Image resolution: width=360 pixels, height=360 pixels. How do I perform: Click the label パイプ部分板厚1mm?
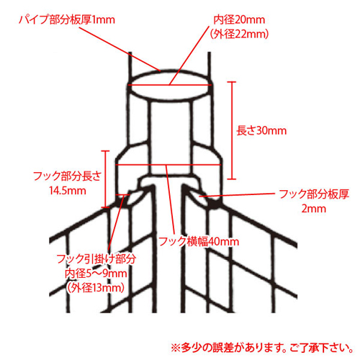coord(67,19)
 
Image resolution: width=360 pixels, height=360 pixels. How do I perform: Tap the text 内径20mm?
coord(239,19)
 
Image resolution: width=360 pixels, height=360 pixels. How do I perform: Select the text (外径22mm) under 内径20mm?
coord(239,34)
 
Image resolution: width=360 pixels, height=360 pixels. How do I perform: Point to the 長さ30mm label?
coord(261,131)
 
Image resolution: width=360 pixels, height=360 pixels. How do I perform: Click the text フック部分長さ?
coord(68,176)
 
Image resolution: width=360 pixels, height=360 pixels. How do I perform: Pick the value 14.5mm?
coord(68,191)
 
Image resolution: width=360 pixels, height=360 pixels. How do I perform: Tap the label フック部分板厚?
coord(314,194)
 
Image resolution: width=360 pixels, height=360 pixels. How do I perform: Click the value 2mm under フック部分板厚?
coord(314,209)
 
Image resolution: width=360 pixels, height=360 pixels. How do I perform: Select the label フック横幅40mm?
coord(199,241)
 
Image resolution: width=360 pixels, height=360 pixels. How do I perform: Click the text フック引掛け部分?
coord(96,259)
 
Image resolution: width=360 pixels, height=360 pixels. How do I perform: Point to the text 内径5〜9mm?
coord(96,274)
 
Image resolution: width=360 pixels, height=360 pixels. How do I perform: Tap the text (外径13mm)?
coord(96,288)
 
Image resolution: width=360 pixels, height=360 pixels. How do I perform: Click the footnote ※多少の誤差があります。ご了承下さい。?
coord(262,348)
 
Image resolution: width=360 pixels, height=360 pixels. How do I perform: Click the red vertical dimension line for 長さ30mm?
coord(232,130)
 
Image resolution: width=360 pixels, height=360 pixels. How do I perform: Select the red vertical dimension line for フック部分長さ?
coord(105,179)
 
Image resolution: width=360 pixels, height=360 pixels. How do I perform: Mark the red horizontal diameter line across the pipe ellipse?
coord(170,85)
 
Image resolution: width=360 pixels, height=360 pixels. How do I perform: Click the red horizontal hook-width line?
coord(168,165)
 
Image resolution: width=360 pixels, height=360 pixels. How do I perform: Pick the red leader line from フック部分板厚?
coord(237,194)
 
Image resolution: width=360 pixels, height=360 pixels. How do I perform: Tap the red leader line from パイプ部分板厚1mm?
coord(120,49)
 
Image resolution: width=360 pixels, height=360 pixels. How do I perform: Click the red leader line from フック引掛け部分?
coord(116,222)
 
